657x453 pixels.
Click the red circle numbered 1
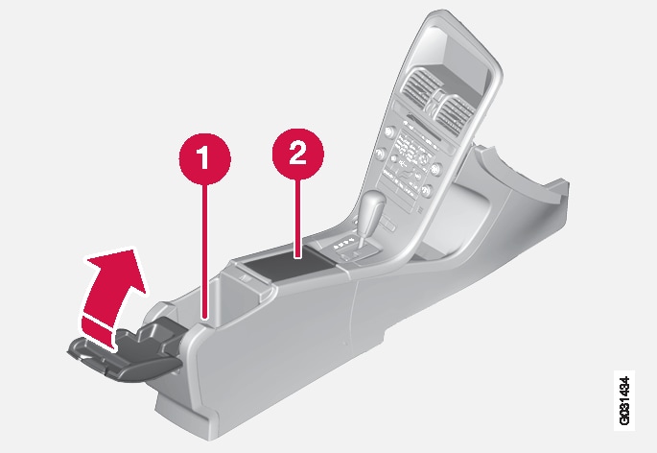coord(205,158)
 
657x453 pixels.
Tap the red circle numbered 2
coord(298,154)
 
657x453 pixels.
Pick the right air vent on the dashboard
coord(455,113)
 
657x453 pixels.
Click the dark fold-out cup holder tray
coord(126,351)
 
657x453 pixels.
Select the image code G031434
coord(624,400)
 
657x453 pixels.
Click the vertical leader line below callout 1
coord(205,251)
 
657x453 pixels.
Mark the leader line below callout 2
coord(298,218)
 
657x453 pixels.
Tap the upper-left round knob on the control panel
coord(389,131)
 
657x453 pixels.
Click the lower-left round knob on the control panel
coord(381,154)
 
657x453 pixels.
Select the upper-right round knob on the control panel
coord(436,169)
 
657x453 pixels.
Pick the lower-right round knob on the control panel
coord(427,191)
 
